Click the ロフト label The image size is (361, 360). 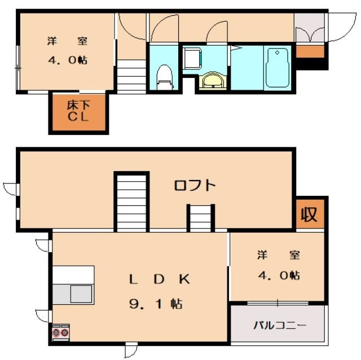[194, 185]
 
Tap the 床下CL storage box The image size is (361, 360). [78, 111]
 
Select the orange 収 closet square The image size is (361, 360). [310, 214]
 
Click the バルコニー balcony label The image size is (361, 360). [279, 325]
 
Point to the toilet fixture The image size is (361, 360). [164, 76]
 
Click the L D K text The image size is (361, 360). [160, 278]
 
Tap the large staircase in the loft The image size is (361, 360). [132, 202]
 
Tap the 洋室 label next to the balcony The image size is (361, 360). [278, 255]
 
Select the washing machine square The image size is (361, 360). [193, 58]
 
